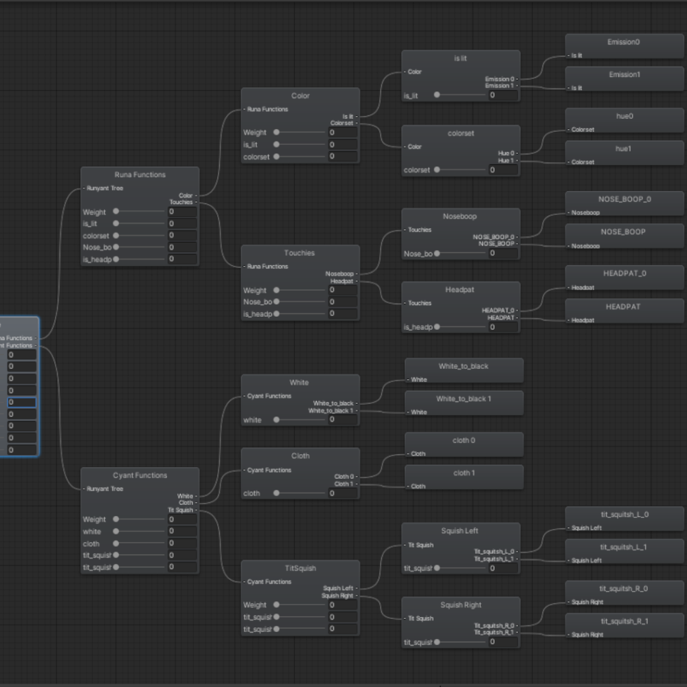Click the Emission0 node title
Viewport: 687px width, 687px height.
[624, 42]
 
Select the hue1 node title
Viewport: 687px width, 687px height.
[624, 149]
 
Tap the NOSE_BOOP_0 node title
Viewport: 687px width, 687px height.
[624, 199]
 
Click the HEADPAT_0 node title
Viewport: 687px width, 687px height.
[624, 273]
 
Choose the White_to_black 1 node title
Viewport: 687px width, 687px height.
[464, 399]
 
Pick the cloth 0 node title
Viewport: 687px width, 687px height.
[464, 440]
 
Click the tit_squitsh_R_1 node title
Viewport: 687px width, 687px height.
[624, 621]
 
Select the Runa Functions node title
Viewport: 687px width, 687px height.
[139, 174]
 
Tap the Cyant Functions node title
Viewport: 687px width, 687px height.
[139, 475]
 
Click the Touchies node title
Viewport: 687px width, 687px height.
[300, 253]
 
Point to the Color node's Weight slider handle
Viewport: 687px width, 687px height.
[276, 133]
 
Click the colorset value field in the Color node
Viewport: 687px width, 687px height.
[342, 157]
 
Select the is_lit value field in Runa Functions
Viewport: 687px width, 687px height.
[182, 224]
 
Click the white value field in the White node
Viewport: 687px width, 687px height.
[342, 420]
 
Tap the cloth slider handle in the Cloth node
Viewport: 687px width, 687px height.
[276, 493]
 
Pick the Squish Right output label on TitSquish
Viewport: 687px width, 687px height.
[337, 596]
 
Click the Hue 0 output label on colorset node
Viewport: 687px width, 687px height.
[506, 153]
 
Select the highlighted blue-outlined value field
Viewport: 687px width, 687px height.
[21, 402]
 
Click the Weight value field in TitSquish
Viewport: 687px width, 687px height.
[342, 605]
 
